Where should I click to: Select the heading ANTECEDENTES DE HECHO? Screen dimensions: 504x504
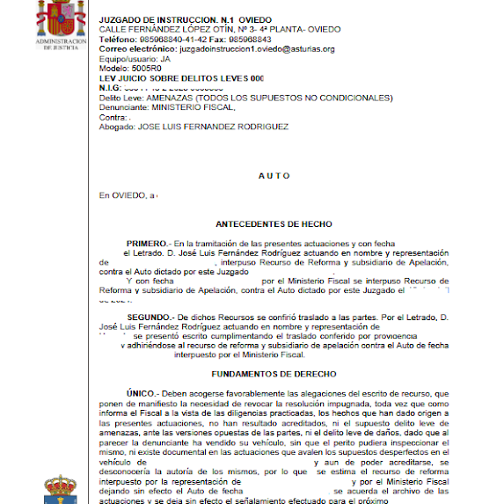pos(274,224)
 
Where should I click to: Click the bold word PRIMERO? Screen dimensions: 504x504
pos(146,243)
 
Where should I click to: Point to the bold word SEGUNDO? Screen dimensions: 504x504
pos(148,315)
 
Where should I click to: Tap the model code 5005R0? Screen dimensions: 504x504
pos(146,69)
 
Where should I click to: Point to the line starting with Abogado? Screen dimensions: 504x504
pos(194,127)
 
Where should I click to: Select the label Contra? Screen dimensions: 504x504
pos(113,117)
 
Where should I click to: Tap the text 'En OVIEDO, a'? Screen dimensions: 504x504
pos(127,195)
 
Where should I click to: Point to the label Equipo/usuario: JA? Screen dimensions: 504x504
pos(135,59)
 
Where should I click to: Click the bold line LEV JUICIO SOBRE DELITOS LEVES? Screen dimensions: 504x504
pos(181,78)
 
